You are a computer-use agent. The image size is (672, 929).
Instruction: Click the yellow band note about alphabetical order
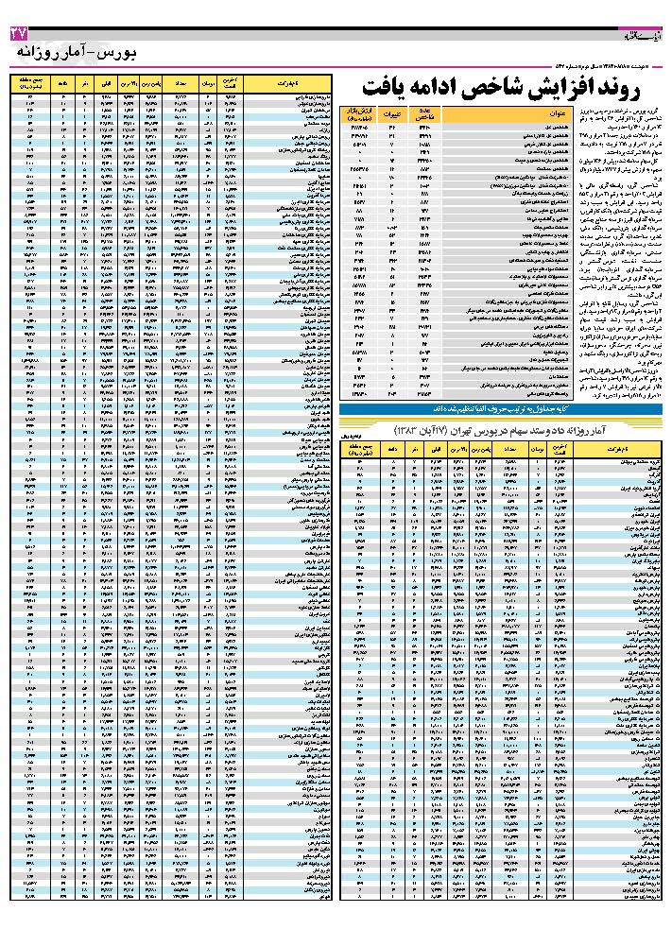click(x=503, y=408)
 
